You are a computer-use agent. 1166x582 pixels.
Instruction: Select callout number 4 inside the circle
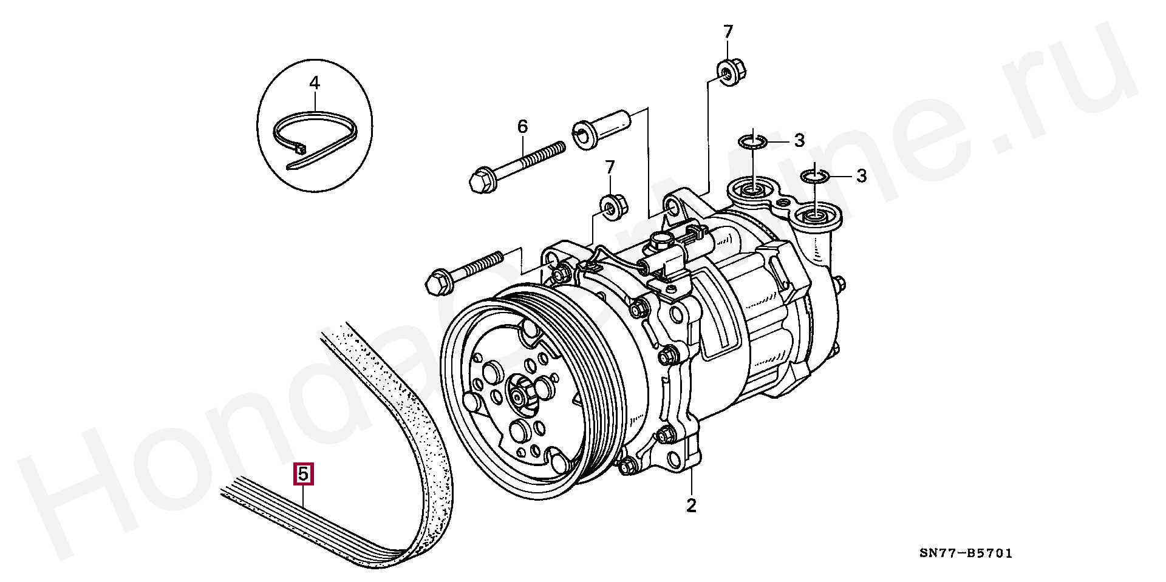pos(314,83)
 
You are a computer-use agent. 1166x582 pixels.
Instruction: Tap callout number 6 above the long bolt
pos(522,126)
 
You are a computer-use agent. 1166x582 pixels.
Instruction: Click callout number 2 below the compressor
pos(691,505)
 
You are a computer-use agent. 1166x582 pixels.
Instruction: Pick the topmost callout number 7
pos(728,31)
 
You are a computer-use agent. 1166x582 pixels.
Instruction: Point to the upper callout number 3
pos(799,141)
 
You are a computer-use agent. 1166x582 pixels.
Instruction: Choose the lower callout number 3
pos(861,176)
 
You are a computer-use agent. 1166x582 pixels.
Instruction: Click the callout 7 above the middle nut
pos(610,166)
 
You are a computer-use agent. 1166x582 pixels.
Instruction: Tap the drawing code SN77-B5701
pos(966,553)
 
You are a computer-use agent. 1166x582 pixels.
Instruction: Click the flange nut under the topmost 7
pos(728,72)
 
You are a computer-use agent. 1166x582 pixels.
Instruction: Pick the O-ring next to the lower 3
pos(814,177)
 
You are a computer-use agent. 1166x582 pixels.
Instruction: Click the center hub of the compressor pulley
pos(517,396)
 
